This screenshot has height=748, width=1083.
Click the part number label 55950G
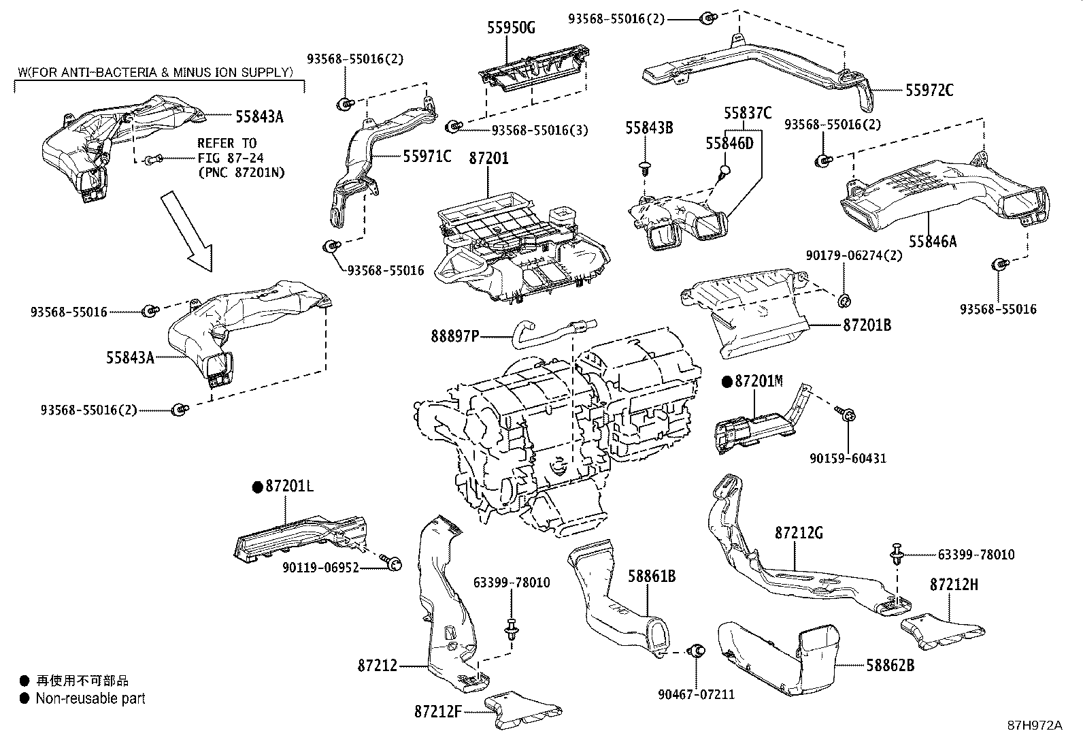[511, 27]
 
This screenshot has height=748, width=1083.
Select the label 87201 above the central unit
[488, 158]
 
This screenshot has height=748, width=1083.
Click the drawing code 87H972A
[1035, 726]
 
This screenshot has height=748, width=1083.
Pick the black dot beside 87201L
[257, 487]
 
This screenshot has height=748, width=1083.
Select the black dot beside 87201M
[727, 381]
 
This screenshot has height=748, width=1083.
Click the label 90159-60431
[848, 459]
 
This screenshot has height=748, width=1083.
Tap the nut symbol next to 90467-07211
[696, 651]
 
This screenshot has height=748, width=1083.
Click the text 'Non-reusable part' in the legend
[90, 698]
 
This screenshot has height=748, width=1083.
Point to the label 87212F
[438, 712]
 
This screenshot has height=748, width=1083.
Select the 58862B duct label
[890, 665]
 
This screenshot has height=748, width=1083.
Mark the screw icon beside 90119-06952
[394, 563]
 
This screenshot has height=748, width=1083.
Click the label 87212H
[954, 584]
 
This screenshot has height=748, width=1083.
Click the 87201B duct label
[867, 325]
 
